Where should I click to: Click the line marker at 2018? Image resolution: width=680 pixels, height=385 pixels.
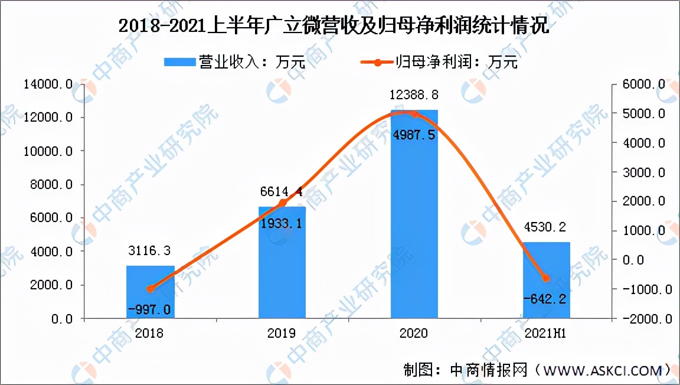[150, 289]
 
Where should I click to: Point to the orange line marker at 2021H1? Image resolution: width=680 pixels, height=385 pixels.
[546, 278]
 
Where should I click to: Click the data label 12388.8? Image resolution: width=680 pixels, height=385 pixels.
[414, 94]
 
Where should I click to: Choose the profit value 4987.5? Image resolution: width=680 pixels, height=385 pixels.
[414, 135]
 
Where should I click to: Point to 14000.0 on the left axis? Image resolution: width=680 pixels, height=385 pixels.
[48, 84]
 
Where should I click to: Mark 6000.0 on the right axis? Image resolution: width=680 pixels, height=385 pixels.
[647, 84]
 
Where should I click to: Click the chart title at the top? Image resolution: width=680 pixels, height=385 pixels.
[334, 27]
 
